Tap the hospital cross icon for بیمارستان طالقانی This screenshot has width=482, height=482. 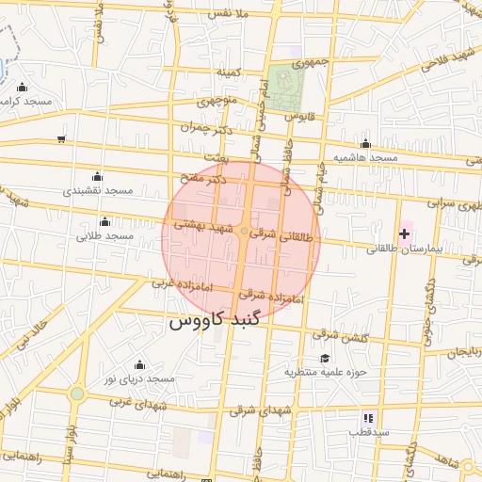pyautogui.click(x=405, y=233)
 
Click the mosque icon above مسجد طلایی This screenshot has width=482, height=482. pyautogui.click(x=104, y=221)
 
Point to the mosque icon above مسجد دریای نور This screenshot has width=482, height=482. pyautogui.click(x=140, y=364)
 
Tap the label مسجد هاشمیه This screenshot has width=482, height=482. pyautogui.click(x=365, y=157)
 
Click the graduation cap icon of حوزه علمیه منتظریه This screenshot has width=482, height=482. pyautogui.click(x=325, y=358)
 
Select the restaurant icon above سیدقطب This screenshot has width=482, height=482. pyautogui.click(x=368, y=417)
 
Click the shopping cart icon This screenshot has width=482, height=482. pyautogui.click(x=61, y=139)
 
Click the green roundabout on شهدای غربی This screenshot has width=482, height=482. pyautogui.click(x=77, y=394)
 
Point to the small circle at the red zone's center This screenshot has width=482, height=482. pyautogui.click(x=244, y=231)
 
